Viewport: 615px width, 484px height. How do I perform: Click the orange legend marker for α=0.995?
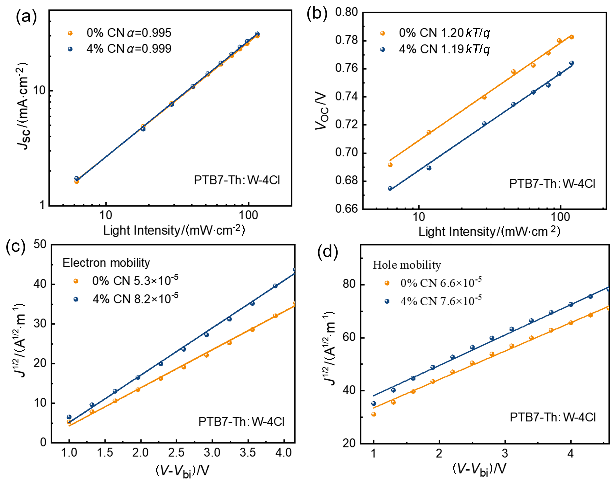click(70, 33)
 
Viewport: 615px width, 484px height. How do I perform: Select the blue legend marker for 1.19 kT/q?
click(383, 50)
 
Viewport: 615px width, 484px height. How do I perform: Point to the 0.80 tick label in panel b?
click(346, 12)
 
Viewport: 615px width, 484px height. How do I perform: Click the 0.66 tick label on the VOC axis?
click(346, 209)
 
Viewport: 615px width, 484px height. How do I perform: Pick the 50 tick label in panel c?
click(40, 244)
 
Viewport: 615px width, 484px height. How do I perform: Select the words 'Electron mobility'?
click(106, 263)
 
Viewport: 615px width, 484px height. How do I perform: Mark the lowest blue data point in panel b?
click(390, 189)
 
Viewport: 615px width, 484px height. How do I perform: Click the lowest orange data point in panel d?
click(373, 414)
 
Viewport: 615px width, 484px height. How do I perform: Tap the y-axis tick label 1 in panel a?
click(42, 205)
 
